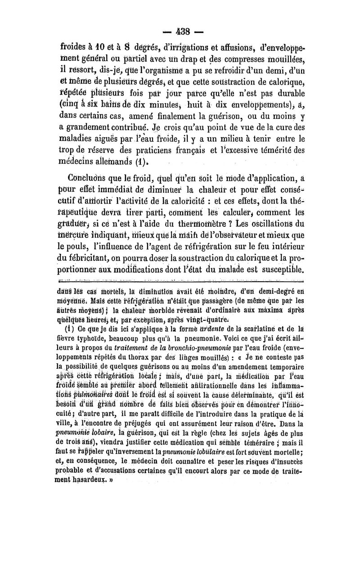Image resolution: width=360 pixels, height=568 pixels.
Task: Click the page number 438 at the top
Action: [x=180, y=32]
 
